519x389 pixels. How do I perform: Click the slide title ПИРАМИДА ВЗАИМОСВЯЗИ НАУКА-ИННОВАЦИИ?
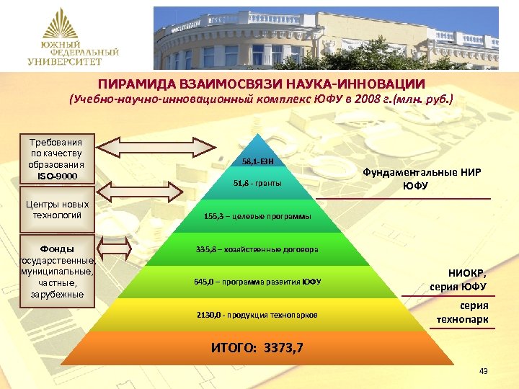261,84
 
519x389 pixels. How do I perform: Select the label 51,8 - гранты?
257,184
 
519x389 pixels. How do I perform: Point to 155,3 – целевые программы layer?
257,216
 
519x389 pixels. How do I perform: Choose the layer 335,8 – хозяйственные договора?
257,250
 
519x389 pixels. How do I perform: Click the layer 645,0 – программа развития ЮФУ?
257,282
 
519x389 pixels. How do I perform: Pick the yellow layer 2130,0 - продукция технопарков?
257,316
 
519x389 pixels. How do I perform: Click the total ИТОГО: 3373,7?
257,348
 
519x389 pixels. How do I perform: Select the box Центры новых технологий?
56,210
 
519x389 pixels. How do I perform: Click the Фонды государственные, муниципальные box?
56,266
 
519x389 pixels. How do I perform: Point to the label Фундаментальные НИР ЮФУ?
420,179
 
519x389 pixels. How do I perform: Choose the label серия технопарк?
461,313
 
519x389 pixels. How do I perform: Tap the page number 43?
483,371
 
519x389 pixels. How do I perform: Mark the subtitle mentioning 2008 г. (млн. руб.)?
261,99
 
